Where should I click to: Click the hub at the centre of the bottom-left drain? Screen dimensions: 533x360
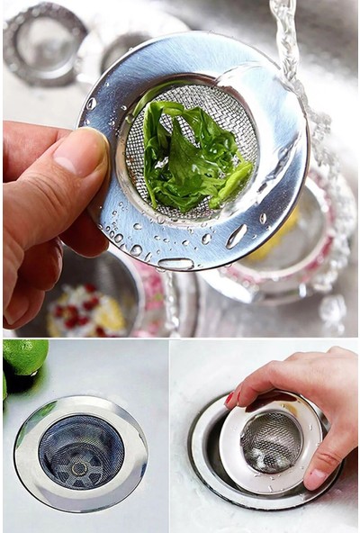(80, 467)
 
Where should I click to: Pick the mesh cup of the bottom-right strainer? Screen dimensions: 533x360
(270, 441)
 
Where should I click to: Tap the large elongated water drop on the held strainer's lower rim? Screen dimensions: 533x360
(237, 236)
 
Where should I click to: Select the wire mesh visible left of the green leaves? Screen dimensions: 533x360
(135, 162)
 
